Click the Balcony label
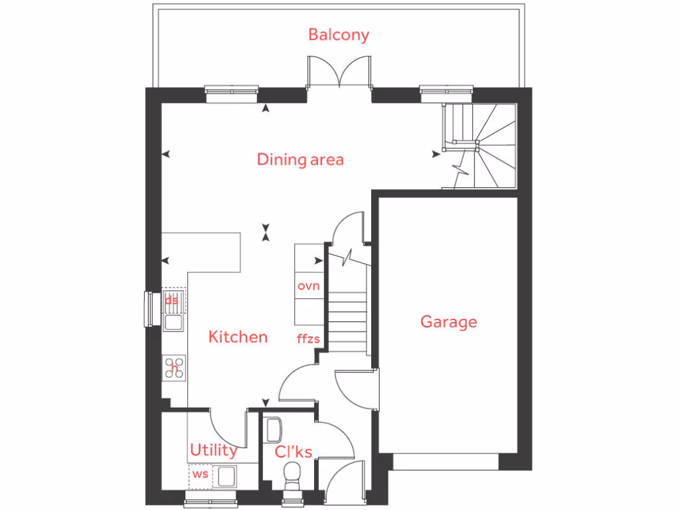pyautogui.click(x=338, y=35)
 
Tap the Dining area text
pyautogui.click(x=300, y=159)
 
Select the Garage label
pyautogui.click(x=448, y=322)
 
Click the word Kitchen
pyautogui.click(x=238, y=337)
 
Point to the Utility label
pyautogui.click(x=213, y=450)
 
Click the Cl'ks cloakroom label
pyautogui.click(x=294, y=452)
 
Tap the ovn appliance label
pyautogui.click(x=309, y=286)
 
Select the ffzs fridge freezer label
pyautogui.click(x=309, y=339)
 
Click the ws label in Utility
pyautogui.click(x=199, y=475)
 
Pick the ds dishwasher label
pyautogui.click(x=172, y=299)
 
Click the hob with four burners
pyautogui.click(x=175, y=367)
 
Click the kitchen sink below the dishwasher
pyautogui.click(x=175, y=323)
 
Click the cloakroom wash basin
pyautogui.click(x=272, y=430)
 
